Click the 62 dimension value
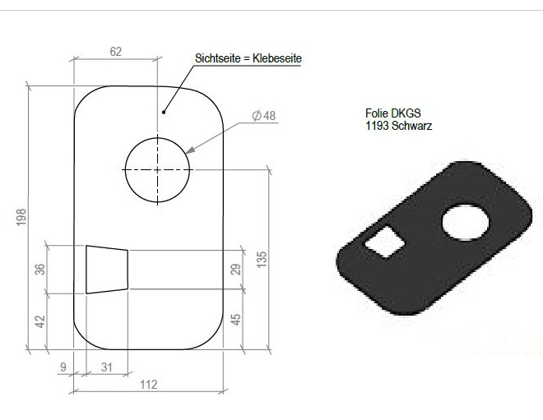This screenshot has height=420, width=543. point(116,52)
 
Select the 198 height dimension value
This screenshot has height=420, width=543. point(21,217)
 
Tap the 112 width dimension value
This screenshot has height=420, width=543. point(149,385)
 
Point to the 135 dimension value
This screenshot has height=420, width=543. point(262,259)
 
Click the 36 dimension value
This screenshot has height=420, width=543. point(40,269)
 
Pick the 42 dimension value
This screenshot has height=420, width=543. point(40,321)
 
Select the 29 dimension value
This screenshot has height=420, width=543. point(235,269)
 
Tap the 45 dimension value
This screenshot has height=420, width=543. point(235,319)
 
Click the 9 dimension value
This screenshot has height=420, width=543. point(63,367)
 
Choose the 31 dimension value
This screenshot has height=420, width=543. point(107,367)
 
